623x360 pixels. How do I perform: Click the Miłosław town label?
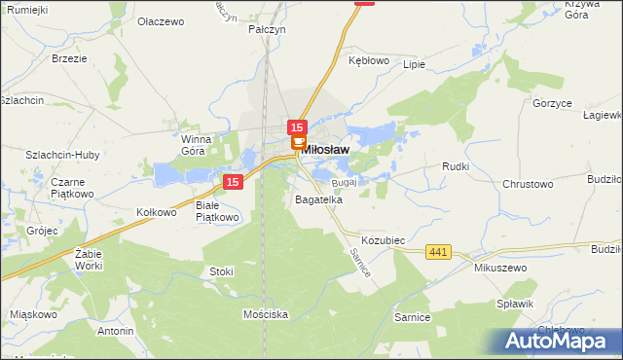(x=326, y=150)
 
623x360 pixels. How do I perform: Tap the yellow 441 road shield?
(x=438, y=252)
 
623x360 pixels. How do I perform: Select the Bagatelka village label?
(x=318, y=199)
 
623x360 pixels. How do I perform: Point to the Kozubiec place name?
(x=383, y=239)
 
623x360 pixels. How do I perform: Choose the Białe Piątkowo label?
(x=217, y=211)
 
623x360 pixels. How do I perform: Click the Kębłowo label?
(x=369, y=59)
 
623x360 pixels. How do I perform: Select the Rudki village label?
(x=456, y=166)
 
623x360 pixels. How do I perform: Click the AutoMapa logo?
(x=556, y=340)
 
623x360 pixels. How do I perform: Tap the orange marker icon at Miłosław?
(x=297, y=144)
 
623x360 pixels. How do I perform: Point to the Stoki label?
(x=221, y=271)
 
